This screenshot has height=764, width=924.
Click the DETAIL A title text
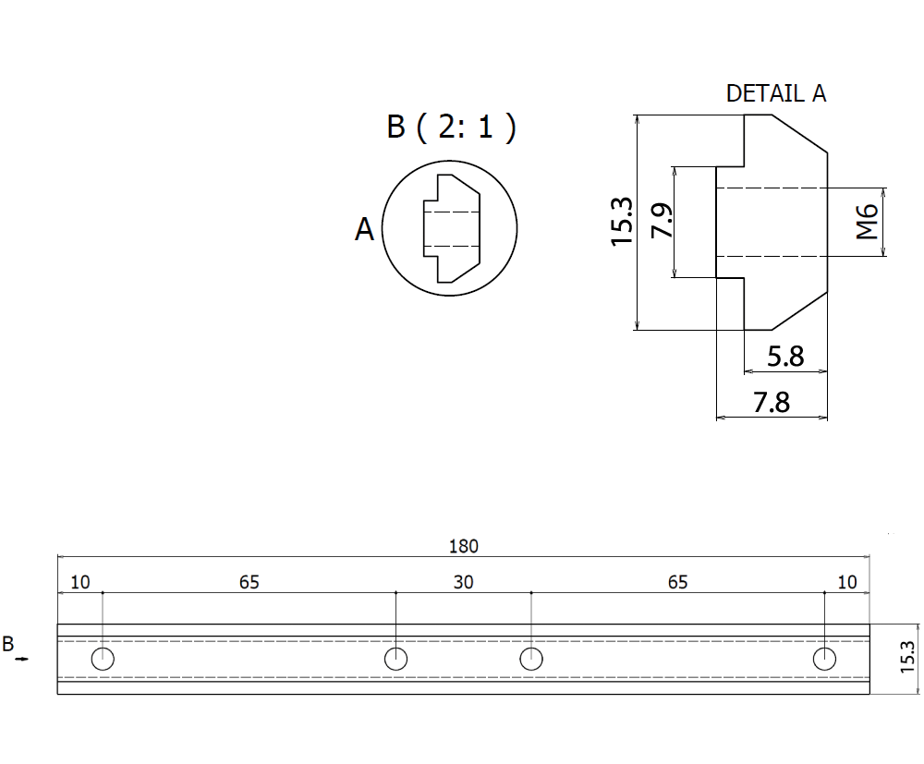click(x=775, y=93)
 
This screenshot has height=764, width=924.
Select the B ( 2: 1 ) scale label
click(x=451, y=127)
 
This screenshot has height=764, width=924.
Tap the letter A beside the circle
click(x=365, y=229)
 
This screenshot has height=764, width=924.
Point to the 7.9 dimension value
click(x=663, y=222)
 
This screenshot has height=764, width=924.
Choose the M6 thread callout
click(x=866, y=223)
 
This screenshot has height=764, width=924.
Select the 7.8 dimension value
click(x=772, y=403)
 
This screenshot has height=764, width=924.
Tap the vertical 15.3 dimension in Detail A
click(x=622, y=222)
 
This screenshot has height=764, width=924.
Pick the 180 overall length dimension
click(x=463, y=546)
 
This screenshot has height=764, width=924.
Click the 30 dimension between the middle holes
click(x=463, y=582)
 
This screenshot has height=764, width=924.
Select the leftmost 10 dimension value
click(x=80, y=582)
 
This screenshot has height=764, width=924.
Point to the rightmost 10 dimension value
click(x=846, y=582)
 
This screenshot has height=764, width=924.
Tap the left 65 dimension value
click(x=249, y=582)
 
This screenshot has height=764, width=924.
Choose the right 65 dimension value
click(x=677, y=582)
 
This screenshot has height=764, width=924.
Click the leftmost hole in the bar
click(x=103, y=659)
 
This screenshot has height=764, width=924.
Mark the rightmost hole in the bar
click(x=824, y=659)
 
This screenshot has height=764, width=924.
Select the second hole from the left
click(x=395, y=659)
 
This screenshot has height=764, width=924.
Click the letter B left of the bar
click(x=8, y=644)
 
